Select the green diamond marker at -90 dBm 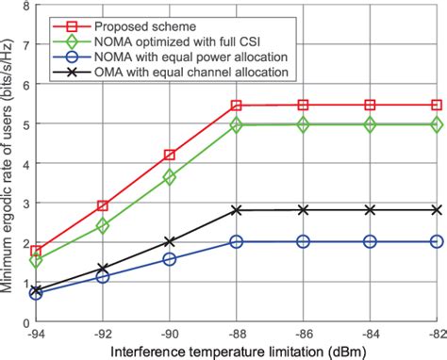tap(169, 176)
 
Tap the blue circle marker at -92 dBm tap(103, 277)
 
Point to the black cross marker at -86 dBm tap(303, 210)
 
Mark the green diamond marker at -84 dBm tap(370, 124)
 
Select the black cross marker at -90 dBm tap(169, 241)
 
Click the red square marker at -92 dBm tap(103, 205)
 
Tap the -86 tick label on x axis tap(303, 333)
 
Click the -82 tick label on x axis tap(434, 333)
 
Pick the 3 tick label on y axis tap(24, 203)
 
